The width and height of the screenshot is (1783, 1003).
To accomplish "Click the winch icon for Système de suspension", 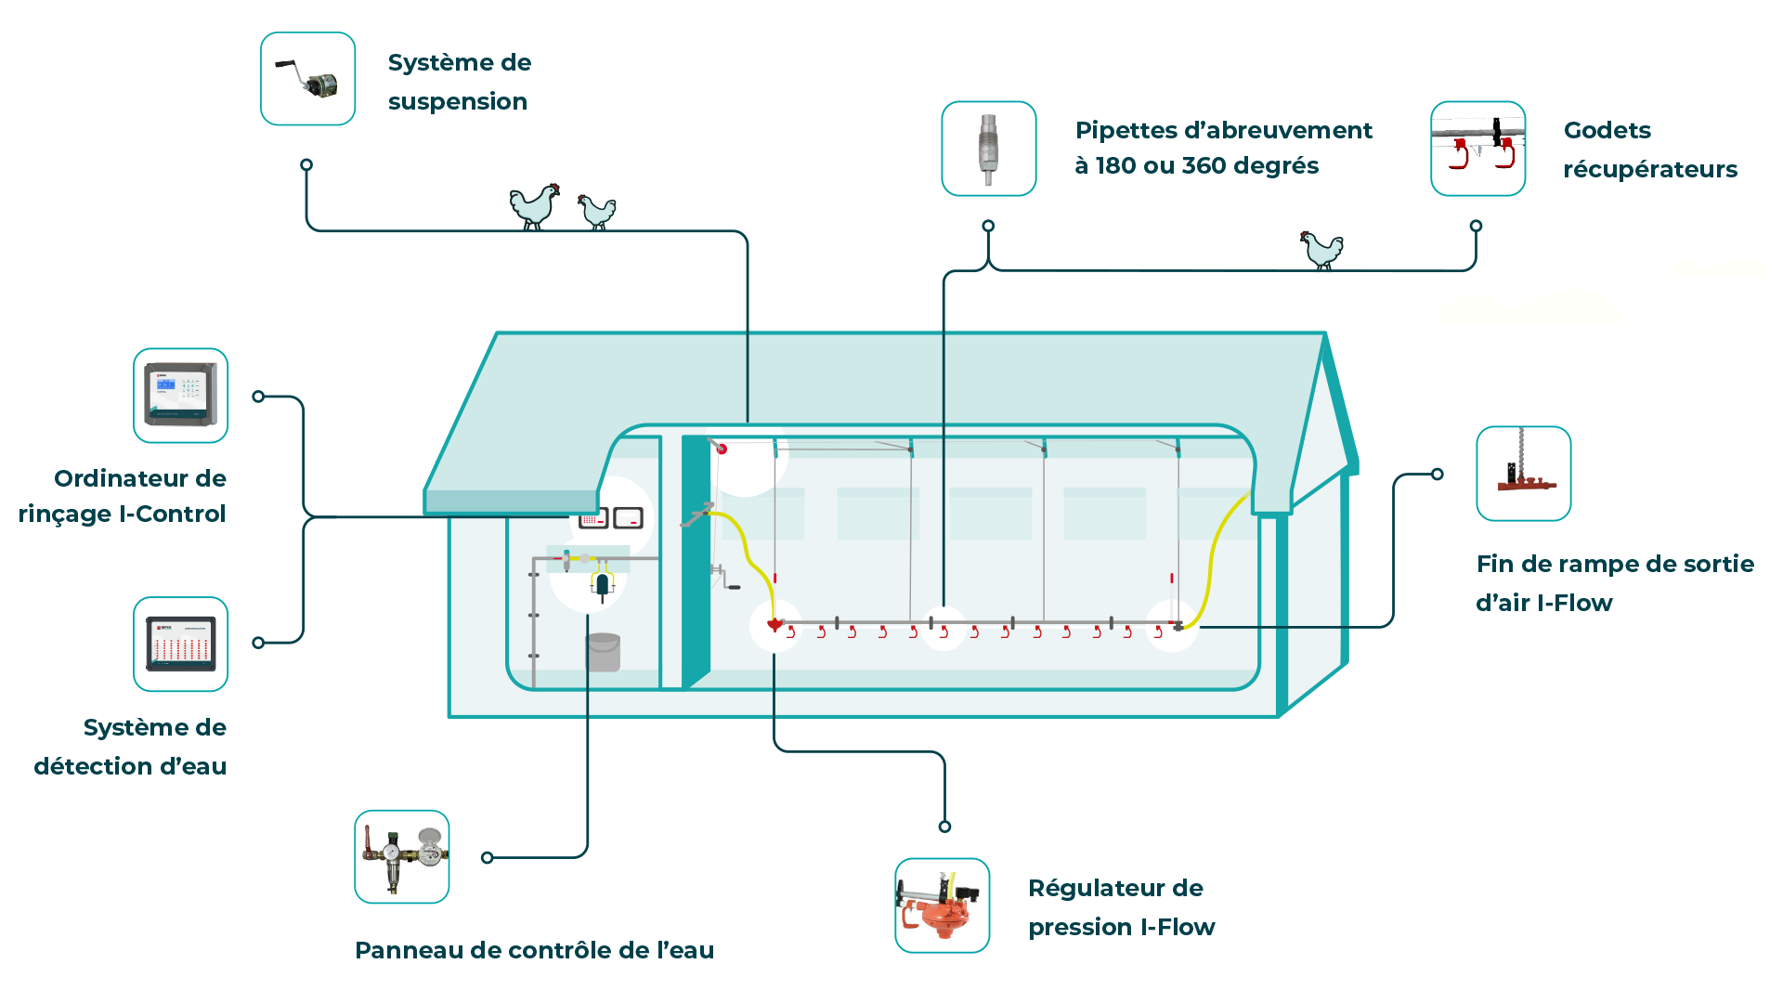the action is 307,79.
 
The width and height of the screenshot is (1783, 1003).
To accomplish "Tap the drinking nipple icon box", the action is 988,149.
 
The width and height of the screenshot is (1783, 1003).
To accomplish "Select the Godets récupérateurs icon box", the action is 1477,149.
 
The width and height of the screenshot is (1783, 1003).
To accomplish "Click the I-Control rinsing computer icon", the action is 180,396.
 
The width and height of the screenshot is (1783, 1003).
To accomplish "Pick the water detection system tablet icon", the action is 180,644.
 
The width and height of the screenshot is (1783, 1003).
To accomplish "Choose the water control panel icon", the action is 401,856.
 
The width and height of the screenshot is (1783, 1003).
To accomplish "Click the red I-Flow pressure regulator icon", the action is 942,905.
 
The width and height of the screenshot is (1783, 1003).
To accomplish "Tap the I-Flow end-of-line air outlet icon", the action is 1523,474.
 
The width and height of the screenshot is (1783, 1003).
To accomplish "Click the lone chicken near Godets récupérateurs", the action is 1321,250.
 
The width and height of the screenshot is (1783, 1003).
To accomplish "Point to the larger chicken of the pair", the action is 535,205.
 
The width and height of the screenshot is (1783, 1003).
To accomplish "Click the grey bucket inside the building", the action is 603,652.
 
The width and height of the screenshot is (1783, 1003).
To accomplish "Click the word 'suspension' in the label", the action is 458,101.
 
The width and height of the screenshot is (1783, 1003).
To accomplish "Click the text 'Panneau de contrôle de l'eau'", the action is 535,950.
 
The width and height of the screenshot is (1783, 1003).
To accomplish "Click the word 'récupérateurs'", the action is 1650,169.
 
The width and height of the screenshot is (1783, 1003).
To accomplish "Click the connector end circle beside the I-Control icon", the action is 258,397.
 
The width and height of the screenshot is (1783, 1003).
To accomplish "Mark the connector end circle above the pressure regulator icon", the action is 944,827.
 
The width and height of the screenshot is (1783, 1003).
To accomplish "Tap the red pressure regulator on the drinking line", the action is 774,625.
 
